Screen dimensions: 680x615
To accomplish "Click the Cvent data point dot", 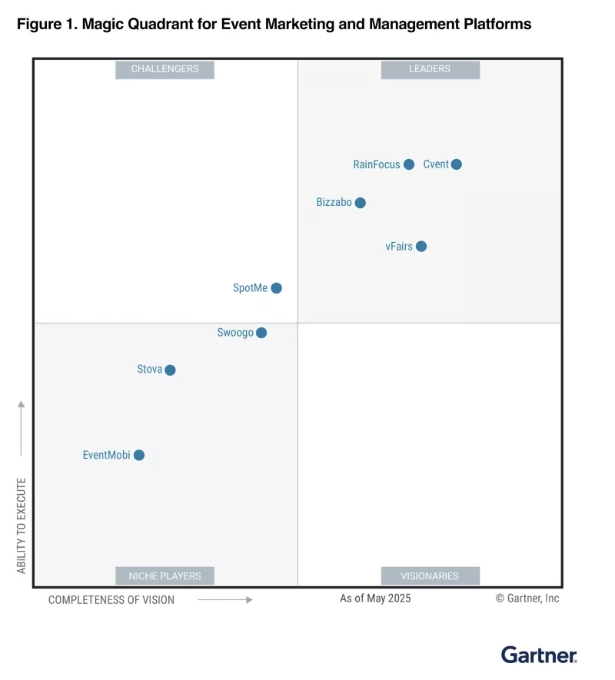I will coord(457,164).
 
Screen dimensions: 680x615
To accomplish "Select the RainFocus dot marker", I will coord(409,164).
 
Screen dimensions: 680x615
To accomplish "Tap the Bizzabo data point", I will coord(361,203).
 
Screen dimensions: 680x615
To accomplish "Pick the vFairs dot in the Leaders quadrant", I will coord(421,247).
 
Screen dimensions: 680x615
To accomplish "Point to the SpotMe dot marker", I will coord(277,288).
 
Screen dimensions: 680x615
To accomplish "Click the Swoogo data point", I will coord(261,333).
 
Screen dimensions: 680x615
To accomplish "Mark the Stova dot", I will coord(170,370).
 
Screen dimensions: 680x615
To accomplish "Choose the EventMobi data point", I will coord(139,455).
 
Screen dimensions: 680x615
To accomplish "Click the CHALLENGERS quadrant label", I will coord(165,69).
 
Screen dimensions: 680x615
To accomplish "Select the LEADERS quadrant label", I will coord(430,69).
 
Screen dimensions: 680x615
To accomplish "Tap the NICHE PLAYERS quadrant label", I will coord(165,576).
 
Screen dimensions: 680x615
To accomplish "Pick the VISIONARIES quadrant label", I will coord(430,576).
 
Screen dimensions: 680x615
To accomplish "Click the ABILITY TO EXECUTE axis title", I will coord(22,526).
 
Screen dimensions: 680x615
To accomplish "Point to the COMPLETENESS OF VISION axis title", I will coord(111,599).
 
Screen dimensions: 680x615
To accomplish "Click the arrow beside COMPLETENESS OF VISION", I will coord(225,599).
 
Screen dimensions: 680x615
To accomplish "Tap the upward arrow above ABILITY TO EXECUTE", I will coord(22,427).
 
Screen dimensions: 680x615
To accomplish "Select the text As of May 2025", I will coord(375,598).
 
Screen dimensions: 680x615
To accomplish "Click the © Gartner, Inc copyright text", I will coord(527,598).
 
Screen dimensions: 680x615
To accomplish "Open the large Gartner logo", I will coord(539,655).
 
